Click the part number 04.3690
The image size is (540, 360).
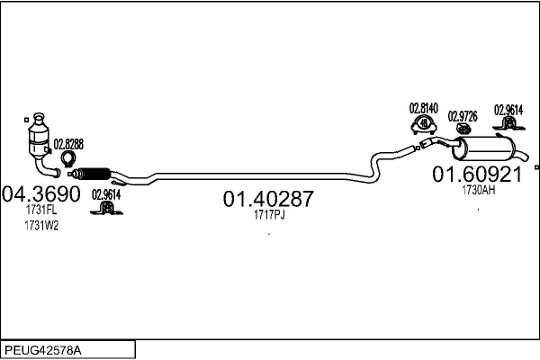pyautogui.click(x=41, y=193)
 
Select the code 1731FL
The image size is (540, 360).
pyautogui.click(x=41, y=210)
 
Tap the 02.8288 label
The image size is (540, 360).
pyautogui.click(x=68, y=144)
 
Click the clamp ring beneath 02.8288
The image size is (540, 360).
pyautogui.click(x=66, y=162)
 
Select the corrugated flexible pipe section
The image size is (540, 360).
pyautogui.click(x=92, y=173)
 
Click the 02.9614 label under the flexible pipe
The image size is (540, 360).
pyautogui.click(x=106, y=193)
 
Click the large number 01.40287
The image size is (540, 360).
pyautogui.click(x=268, y=199)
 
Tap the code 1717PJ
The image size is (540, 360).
pyautogui.click(x=268, y=216)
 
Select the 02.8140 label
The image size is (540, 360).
pyautogui.click(x=423, y=108)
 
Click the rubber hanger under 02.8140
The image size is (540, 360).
pyautogui.click(x=421, y=125)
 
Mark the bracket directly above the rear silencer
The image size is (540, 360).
pyautogui.click(x=507, y=127)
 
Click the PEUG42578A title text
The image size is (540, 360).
pyautogui.click(x=45, y=348)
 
